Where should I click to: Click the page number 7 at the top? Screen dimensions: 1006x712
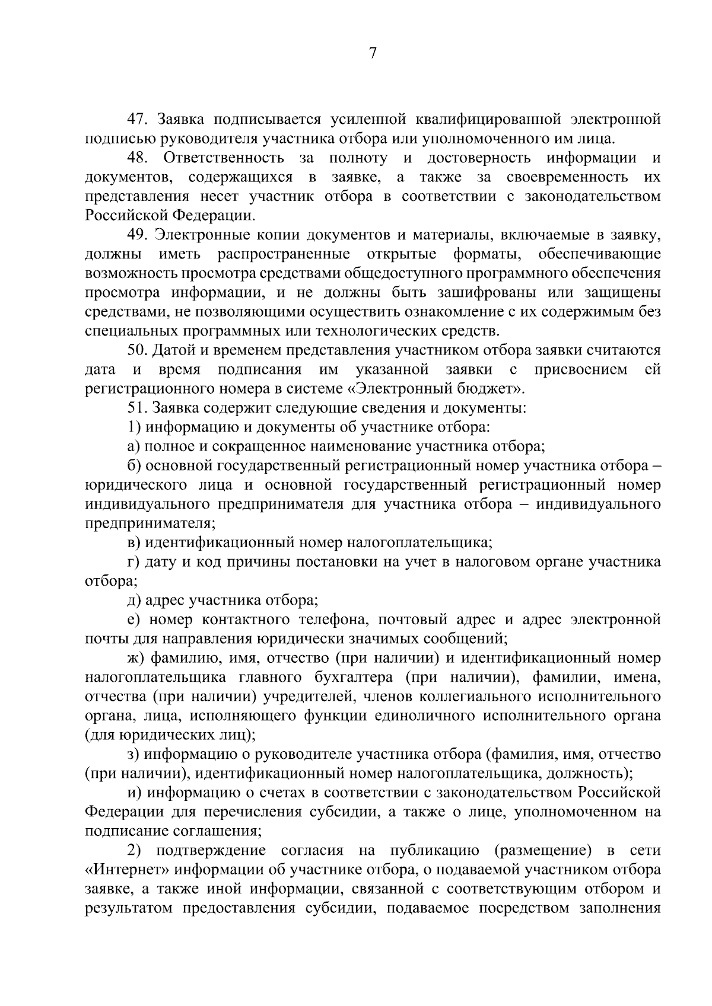click(373, 54)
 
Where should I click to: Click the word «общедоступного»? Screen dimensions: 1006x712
click(445, 274)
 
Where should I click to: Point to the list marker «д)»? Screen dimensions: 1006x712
click(133, 601)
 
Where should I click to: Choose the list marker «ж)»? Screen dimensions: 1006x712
click(136, 658)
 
